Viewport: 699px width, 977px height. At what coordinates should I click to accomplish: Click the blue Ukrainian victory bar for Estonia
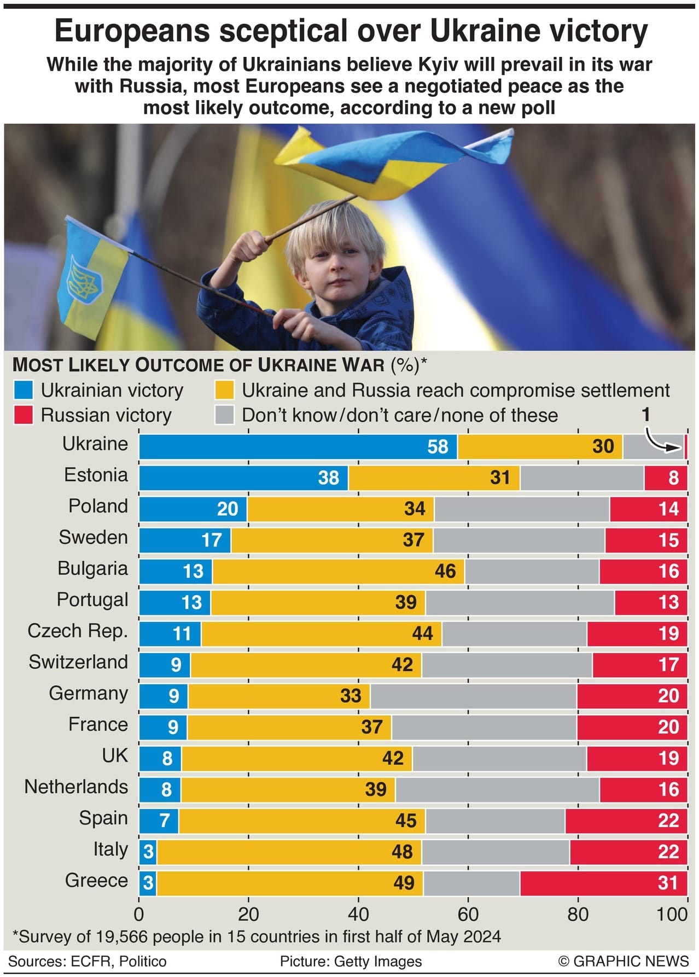coord(243,478)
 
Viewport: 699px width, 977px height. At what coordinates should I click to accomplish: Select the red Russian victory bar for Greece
coord(603,882)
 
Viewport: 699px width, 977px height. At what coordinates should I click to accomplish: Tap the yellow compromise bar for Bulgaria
coord(338,571)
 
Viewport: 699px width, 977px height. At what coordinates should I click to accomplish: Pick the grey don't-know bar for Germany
coord(473,695)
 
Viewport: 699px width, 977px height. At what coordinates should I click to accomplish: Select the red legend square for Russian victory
coord(24,415)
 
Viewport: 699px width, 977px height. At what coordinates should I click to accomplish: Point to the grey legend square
coord(225,415)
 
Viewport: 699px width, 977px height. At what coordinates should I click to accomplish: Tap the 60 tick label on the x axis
coord(468,914)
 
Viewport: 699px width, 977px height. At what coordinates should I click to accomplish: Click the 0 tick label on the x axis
coord(139,914)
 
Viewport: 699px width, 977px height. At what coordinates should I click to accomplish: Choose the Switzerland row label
coord(78,662)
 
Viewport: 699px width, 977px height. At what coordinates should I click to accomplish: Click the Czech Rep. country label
coord(78,631)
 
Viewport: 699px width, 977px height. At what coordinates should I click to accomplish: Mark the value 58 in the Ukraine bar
coord(438,446)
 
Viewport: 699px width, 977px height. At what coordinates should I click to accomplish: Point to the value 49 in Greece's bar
coord(404,882)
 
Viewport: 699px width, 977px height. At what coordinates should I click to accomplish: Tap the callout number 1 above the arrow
coord(646,414)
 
